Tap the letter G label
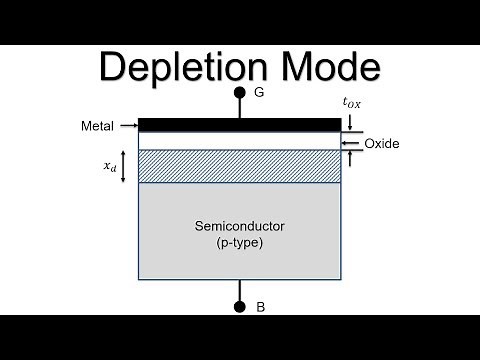point(260,94)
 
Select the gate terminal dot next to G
point(240,94)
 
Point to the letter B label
point(260,307)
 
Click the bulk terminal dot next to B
point(240,307)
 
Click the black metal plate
point(240,125)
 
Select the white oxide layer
point(240,140)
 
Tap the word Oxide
point(382,144)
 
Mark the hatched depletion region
point(240,166)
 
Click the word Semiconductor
point(240,227)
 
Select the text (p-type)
point(240,243)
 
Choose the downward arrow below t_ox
point(349,120)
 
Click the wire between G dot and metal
point(240,109)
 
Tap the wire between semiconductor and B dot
point(240,290)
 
